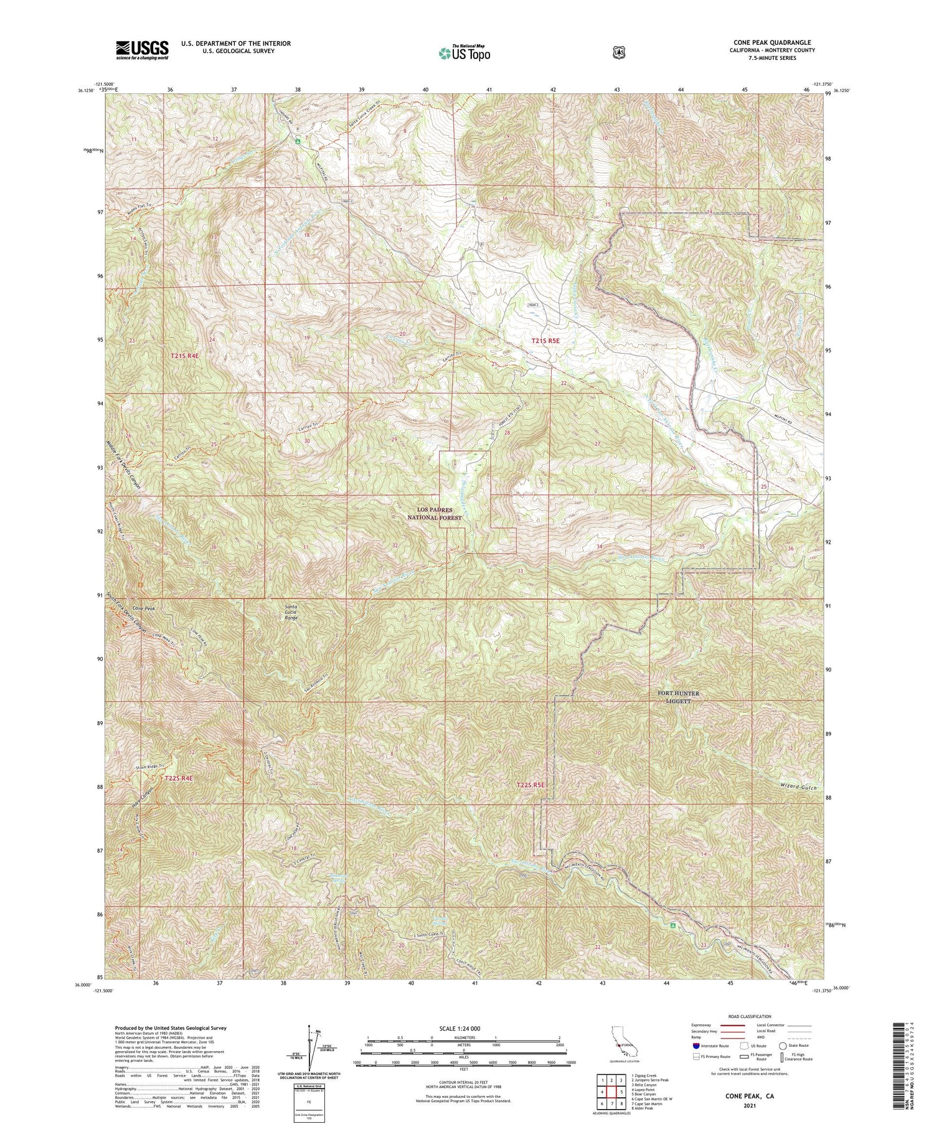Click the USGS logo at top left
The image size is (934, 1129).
click(x=142, y=50)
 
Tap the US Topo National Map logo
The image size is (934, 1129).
click(x=464, y=53)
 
